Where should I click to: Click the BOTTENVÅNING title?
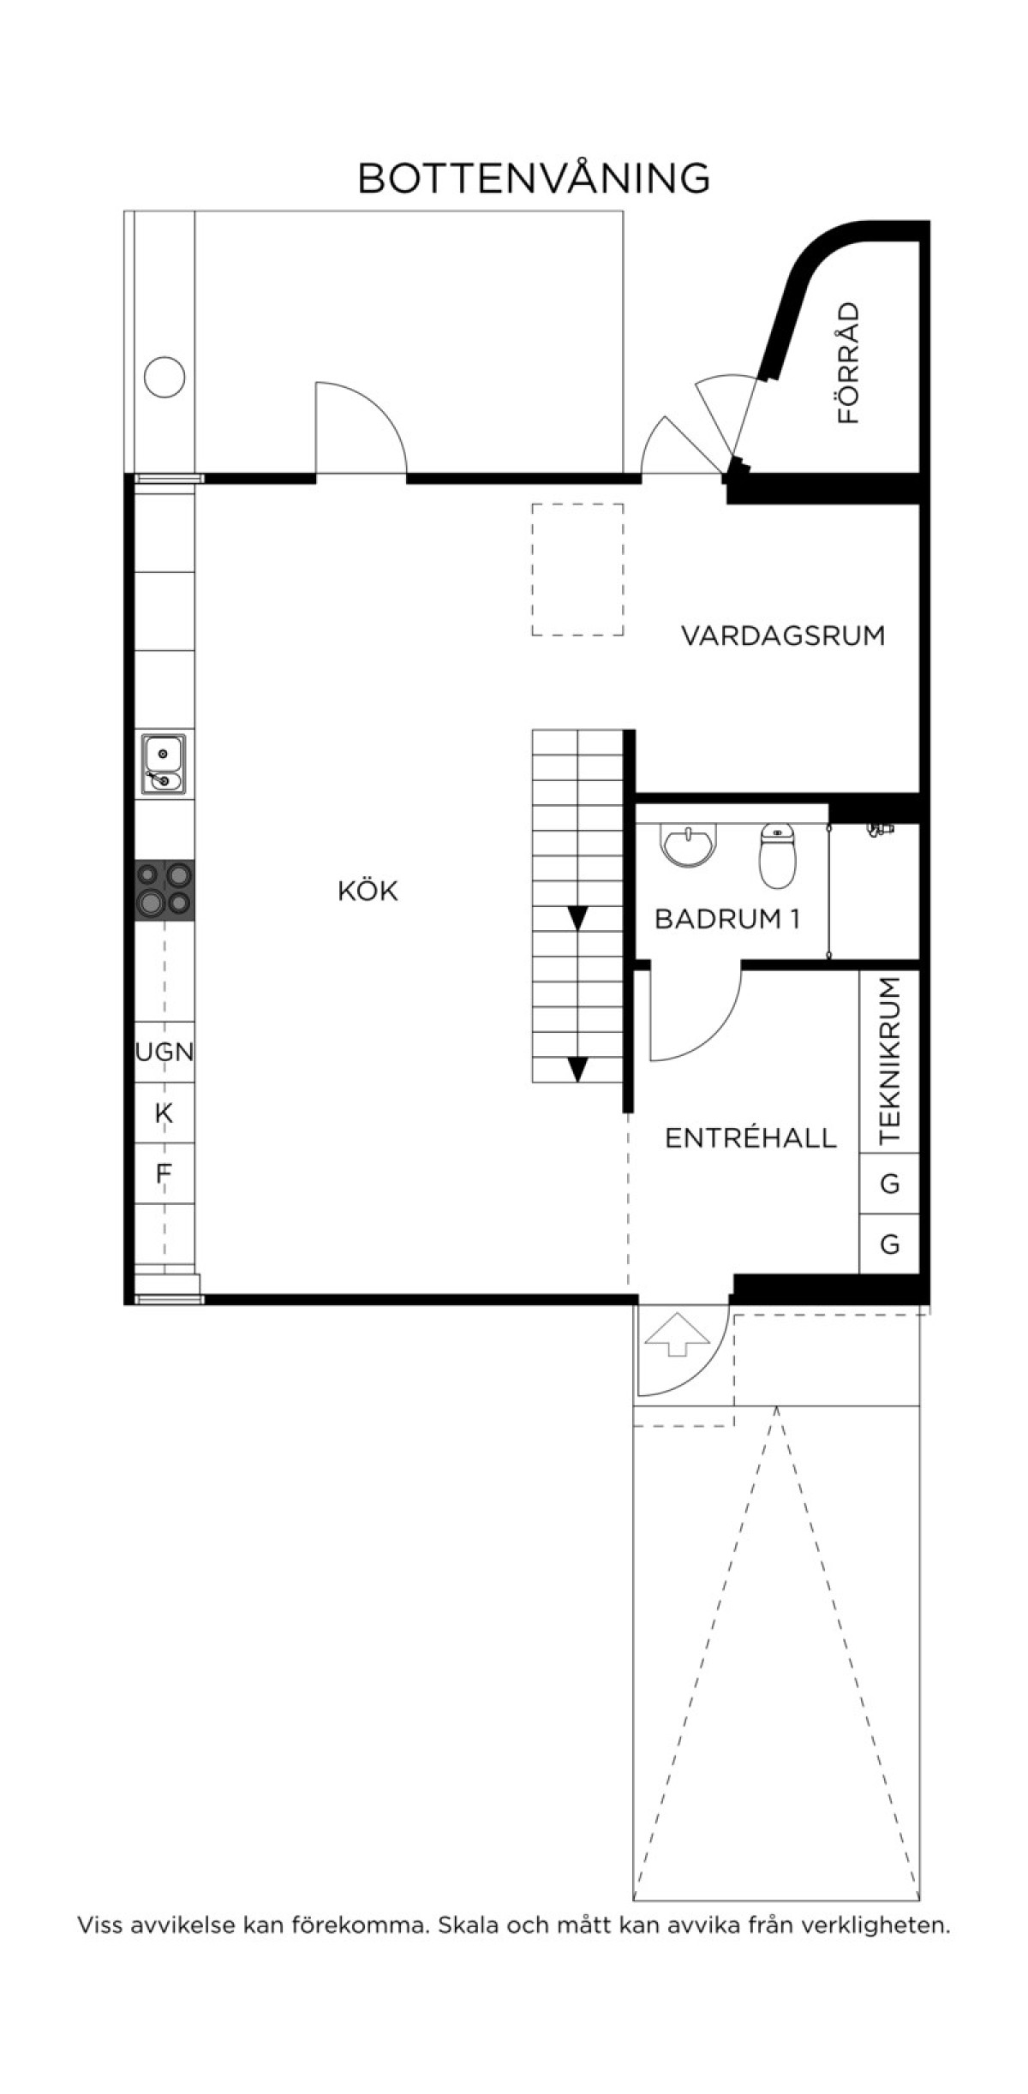pyautogui.click(x=534, y=177)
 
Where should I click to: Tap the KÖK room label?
pyautogui.click(x=368, y=891)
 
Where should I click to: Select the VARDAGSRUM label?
pyautogui.click(x=783, y=636)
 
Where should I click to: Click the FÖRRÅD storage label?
pyautogui.click(x=848, y=363)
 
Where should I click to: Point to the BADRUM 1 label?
pyautogui.click(x=727, y=919)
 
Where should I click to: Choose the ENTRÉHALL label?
pyautogui.click(x=750, y=1138)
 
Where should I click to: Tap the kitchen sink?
pyautogui.click(x=164, y=764)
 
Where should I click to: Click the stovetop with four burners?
pyautogui.click(x=164, y=890)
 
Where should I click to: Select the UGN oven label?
pyautogui.click(x=164, y=1052)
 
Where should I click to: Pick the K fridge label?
pyautogui.click(x=164, y=1113)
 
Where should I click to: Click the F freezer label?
pyautogui.click(x=164, y=1172)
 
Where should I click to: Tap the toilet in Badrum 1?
pyautogui.click(x=777, y=855)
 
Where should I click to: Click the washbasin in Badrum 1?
pyautogui.click(x=687, y=844)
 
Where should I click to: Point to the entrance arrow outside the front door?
pyautogui.click(x=677, y=1333)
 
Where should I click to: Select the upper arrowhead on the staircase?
pyautogui.click(x=577, y=918)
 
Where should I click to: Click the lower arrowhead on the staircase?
pyautogui.click(x=577, y=1070)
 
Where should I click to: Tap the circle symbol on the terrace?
pyautogui.click(x=164, y=377)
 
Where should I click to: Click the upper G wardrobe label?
pyautogui.click(x=890, y=1184)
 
